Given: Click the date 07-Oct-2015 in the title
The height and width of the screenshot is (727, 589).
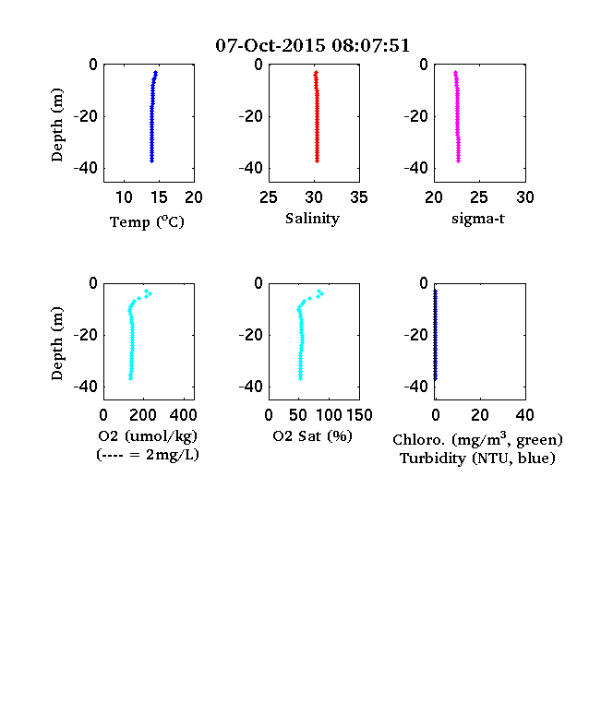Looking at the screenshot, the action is click(x=270, y=45).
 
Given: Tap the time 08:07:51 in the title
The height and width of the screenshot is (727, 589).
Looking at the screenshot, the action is click(x=370, y=45).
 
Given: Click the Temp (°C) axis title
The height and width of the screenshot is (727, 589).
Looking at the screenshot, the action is click(x=147, y=222).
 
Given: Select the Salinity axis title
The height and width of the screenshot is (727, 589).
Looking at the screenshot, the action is click(x=312, y=219).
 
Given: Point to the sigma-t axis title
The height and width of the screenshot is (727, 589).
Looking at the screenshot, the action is click(x=477, y=219).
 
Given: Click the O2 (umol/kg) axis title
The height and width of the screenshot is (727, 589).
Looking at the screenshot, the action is click(x=148, y=436).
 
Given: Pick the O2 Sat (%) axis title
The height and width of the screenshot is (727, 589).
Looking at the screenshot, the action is click(x=313, y=436).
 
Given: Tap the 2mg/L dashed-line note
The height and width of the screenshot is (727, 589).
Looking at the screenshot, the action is click(x=148, y=455).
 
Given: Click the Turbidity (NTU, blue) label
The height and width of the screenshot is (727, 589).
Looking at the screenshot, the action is click(x=477, y=459).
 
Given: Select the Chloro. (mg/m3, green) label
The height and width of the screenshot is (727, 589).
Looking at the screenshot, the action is click(x=477, y=439).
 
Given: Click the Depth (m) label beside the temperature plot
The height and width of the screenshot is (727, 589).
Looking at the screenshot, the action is click(x=56, y=125).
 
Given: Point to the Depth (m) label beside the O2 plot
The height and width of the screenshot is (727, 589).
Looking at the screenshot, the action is click(x=56, y=343).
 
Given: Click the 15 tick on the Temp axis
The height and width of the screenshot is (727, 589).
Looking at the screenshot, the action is click(x=159, y=197).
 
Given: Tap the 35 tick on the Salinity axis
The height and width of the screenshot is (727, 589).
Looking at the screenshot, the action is click(x=359, y=197).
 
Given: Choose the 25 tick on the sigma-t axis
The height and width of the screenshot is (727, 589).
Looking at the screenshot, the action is click(x=479, y=197).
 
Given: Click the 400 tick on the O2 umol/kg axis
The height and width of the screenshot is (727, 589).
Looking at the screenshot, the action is click(x=183, y=415).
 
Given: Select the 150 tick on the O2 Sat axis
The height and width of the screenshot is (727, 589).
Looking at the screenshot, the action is click(x=359, y=415).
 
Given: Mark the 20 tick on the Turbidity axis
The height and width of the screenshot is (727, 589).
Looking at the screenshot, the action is click(x=479, y=415).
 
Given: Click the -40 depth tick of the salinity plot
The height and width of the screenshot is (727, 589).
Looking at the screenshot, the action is click(x=251, y=168).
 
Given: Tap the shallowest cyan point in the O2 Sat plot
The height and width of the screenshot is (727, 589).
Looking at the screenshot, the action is click(x=319, y=291).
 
